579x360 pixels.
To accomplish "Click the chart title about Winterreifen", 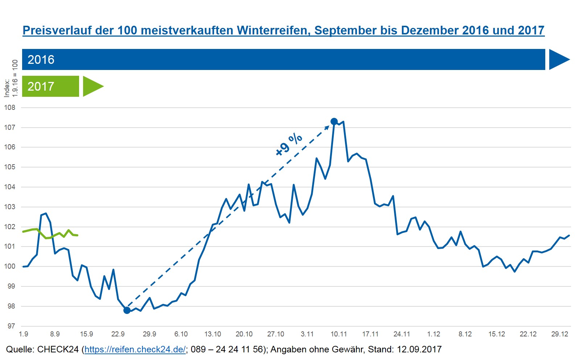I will pyautogui.click(x=283, y=30).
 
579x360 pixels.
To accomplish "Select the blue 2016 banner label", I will pyautogui.click(x=41, y=59).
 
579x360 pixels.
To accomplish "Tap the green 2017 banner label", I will pyautogui.click(x=41, y=86).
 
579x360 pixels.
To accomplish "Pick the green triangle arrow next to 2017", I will pyautogui.click(x=92, y=86).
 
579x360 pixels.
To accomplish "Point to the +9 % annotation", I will pyautogui.click(x=289, y=144).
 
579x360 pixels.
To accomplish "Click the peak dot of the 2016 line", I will pyautogui.click(x=334, y=121).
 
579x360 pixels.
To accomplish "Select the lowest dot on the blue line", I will pyautogui.click(x=127, y=310).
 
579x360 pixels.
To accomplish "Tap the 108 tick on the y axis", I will pyautogui.click(x=10, y=108).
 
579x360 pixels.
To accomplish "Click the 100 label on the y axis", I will pyautogui.click(x=10, y=266).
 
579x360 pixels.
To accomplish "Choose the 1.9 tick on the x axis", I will pyautogui.click(x=24, y=334).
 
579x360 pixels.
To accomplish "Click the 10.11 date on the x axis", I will pyautogui.click(x=338, y=334).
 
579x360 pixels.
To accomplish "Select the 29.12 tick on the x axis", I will pyautogui.click(x=559, y=334).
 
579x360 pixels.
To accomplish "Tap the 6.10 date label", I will pyautogui.click(x=181, y=334).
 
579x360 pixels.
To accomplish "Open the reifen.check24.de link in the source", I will pyautogui.click(x=135, y=349).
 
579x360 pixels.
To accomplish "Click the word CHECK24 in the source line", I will pyautogui.click(x=58, y=349).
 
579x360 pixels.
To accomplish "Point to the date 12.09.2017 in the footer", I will pyautogui.click(x=419, y=349).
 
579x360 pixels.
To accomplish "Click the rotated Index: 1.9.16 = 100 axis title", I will pyautogui.click(x=11, y=79).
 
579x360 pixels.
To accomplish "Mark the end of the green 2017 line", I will pyautogui.click(x=77, y=235).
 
